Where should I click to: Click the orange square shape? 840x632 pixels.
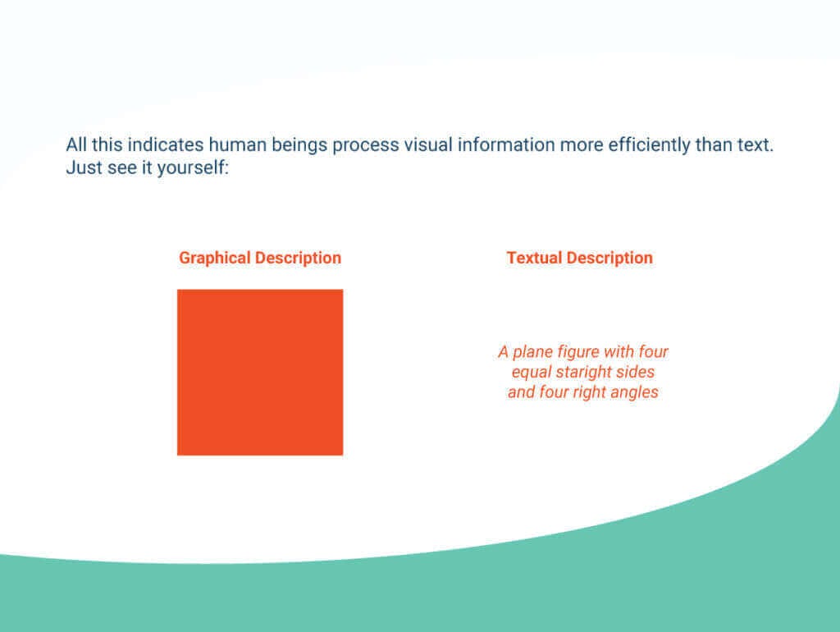pyautogui.click(x=260, y=372)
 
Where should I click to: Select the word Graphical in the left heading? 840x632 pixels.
pyautogui.click(x=215, y=258)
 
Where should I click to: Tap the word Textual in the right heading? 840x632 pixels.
pyautogui.click(x=534, y=258)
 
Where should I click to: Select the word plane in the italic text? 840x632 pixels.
pyautogui.click(x=536, y=352)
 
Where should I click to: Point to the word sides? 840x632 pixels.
pyautogui.click(x=637, y=372)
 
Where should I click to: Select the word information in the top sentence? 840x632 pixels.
pyautogui.click(x=506, y=145)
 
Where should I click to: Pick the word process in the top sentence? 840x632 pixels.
pyautogui.click(x=366, y=145)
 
